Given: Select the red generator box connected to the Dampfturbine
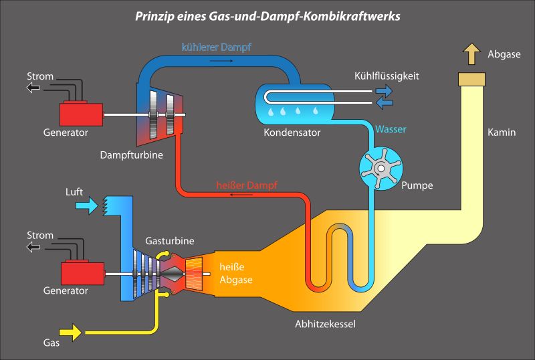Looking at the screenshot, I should [x=82, y=114].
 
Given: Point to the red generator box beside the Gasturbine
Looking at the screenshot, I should [x=82, y=273].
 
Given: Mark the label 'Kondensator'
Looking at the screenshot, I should [x=292, y=132].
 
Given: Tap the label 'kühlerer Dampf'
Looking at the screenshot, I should [x=216, y=47].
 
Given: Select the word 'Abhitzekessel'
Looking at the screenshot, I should [x=325, y=325].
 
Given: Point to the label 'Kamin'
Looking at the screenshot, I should [x=502, y=132].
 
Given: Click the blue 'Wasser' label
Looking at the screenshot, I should [x=391, y=128].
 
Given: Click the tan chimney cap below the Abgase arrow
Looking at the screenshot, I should [x=472, y=79].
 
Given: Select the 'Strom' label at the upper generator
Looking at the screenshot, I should [x=40, y=76].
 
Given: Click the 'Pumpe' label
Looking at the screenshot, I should [x=417, y=185].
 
